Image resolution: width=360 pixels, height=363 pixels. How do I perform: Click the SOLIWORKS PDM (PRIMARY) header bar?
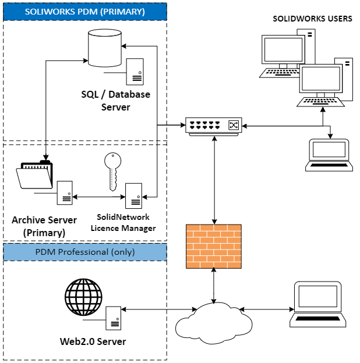[x=85, y=12]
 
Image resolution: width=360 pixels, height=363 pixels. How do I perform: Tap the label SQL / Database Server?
[x=116, y=100]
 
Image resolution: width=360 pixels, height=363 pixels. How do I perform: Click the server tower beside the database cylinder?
[x=136, y=72]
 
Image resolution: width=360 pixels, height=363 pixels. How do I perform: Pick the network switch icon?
[x=213, y=126]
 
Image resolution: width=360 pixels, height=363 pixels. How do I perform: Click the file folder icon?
[x=34, y=175]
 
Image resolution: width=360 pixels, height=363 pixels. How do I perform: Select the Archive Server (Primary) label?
[x=44, y=226]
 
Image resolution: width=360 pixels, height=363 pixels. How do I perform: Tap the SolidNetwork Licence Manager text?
[x=123, y=223]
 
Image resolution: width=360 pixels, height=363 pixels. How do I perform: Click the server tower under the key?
[x=134, y=196]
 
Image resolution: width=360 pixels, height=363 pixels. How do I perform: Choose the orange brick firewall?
[x=213, y=246]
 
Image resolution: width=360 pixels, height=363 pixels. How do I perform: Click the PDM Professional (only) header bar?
[x=85, y=252]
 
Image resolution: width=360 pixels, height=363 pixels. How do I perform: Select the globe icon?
[x=83, y=297]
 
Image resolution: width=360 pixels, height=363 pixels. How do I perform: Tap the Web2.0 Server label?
[x=93, y=341]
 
